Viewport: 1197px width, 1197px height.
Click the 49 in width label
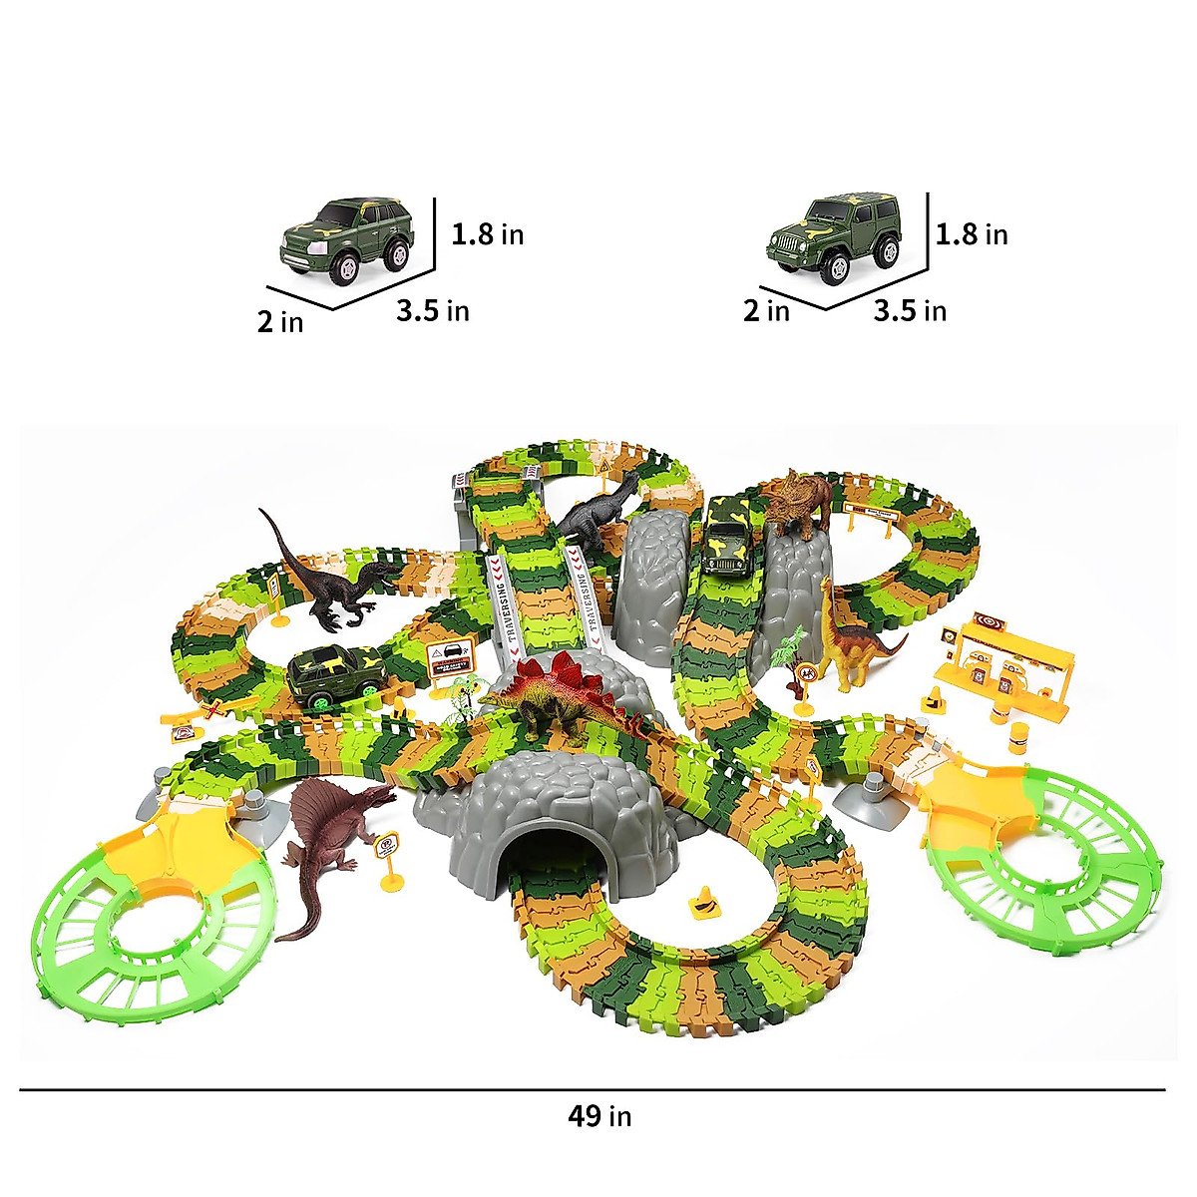tap(599, 1115)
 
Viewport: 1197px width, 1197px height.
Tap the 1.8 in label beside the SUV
tap(487, 234)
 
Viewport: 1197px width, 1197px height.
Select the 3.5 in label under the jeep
tap(910, 310)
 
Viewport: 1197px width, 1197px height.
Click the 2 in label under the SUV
tap(280, 322)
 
